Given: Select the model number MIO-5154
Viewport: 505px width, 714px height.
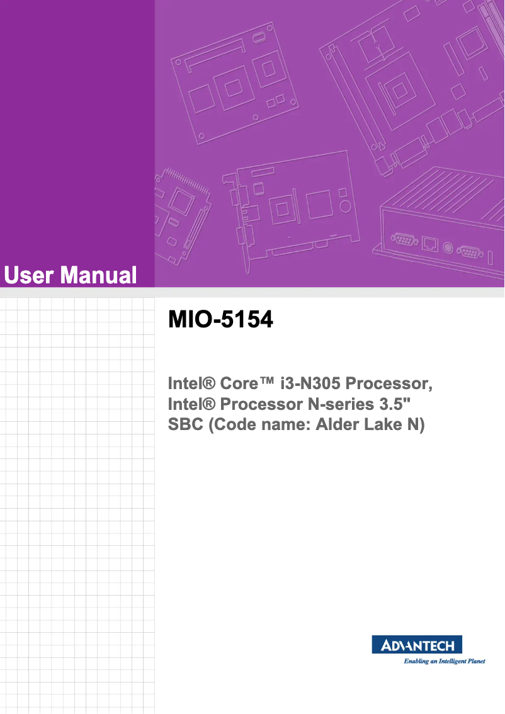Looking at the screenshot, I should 220,320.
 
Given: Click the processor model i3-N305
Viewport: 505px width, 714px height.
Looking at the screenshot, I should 309,383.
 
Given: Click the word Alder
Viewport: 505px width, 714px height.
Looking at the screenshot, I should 338,425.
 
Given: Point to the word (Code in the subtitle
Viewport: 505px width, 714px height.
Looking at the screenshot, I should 230,425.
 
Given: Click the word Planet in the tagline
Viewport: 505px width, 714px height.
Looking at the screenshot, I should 472,662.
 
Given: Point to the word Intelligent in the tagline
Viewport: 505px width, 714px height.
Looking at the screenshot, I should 440,662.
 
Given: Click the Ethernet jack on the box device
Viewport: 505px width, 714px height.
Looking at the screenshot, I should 430,243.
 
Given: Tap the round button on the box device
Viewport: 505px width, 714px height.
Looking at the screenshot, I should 449,247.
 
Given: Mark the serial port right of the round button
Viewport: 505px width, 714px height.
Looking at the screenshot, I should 469,251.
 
